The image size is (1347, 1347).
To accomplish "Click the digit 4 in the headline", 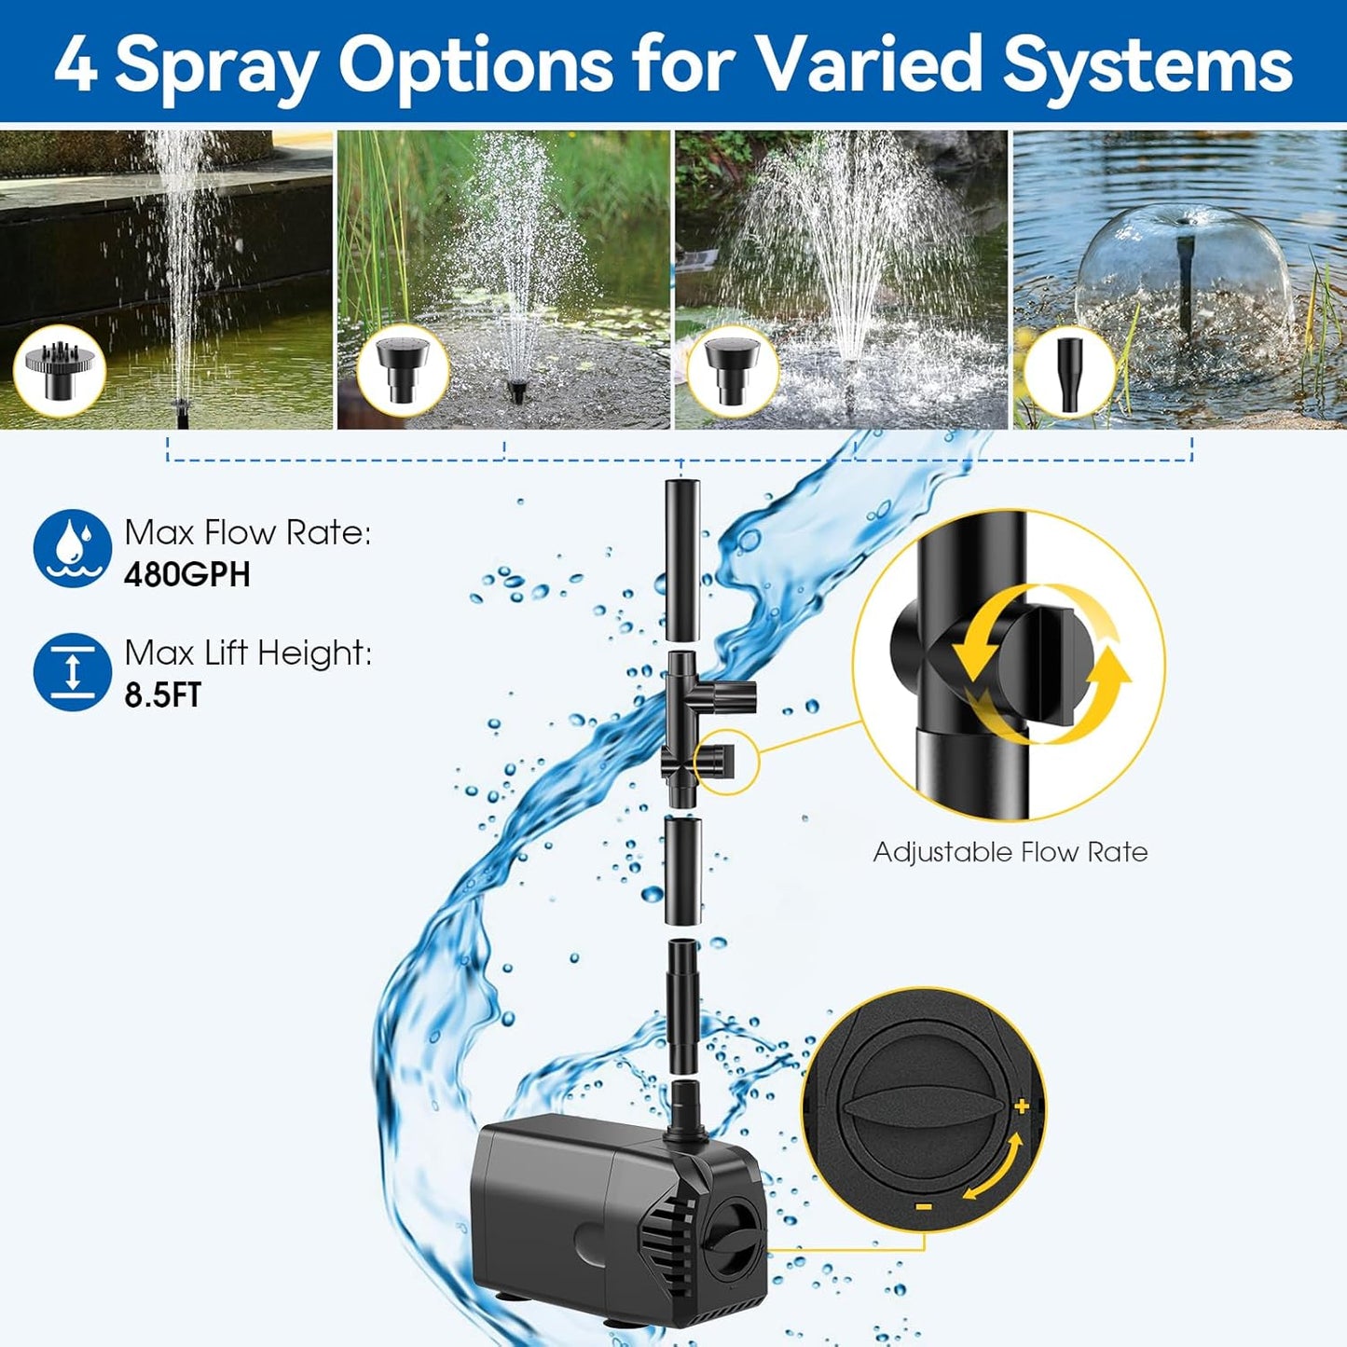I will (76, 63).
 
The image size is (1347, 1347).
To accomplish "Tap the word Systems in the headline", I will (1148, 63).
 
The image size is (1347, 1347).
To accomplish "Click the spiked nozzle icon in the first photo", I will (59, 370).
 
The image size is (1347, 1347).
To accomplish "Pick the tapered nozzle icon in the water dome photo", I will (1070, 372).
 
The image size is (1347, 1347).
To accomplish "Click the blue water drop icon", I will (72, 549).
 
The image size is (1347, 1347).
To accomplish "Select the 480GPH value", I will (187, 574).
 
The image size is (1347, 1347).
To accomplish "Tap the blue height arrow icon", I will (72, 671).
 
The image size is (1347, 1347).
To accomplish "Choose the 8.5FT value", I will (163, 695).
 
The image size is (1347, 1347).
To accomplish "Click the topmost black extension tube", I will (681, 559).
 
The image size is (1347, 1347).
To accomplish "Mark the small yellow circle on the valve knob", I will (727, 762).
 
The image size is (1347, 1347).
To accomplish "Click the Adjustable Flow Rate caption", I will (1010, 852).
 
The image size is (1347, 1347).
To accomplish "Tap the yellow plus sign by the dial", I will (1022, 1106).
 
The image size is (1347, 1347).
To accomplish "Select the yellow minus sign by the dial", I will (923, 1206).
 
